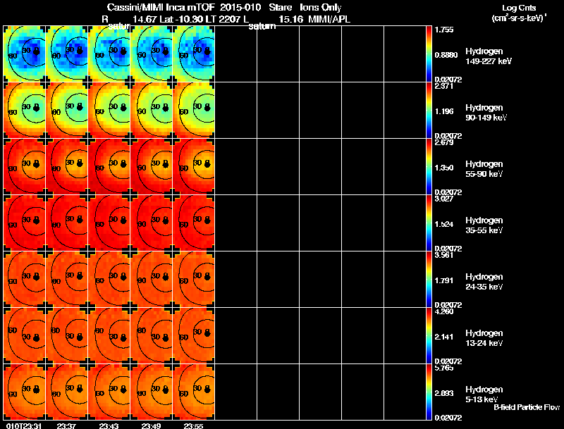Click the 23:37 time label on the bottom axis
pos(68,425)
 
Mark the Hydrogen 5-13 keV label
pos(483,394)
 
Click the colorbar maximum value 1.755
pos(445,30)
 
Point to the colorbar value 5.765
pos(445,368)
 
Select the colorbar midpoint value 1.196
pos(445,111)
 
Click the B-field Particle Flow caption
pos(527,407)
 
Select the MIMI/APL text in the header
pos(329,19)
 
